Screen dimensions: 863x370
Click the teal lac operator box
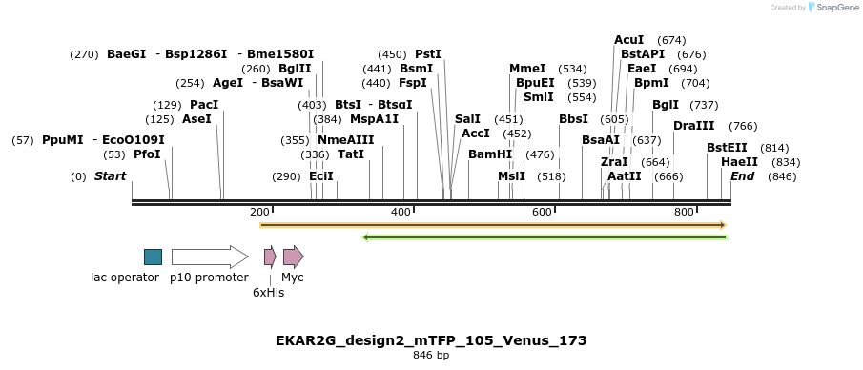153,257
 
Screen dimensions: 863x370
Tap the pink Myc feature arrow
293,257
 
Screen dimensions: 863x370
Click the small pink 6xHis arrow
270,257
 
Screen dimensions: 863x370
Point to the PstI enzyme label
428,54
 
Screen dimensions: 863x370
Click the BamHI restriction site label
490,154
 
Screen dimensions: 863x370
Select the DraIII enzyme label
693,126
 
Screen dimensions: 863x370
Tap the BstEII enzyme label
727,148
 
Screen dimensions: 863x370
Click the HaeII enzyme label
739,162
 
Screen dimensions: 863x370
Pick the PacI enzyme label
204,105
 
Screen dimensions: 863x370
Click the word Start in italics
110,176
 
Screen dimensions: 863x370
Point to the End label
743,176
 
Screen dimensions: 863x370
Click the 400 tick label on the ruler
401,212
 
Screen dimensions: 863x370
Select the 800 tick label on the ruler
683,212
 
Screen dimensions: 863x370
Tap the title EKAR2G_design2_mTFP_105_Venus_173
431,340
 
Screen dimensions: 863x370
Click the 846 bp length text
431,356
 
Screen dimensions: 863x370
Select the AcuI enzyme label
628,40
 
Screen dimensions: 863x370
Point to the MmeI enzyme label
527,69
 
